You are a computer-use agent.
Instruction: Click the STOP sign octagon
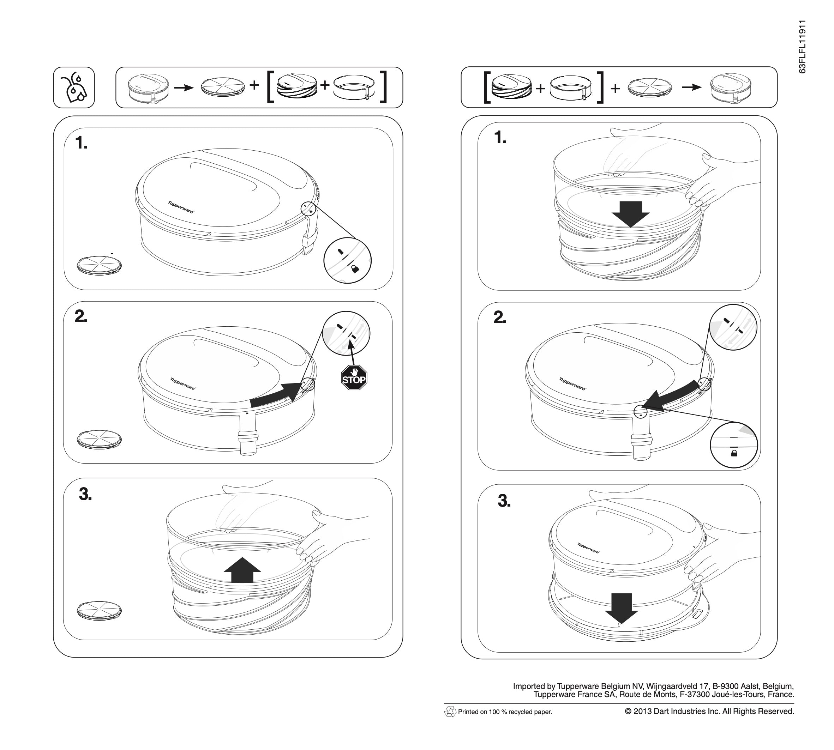[354, 378]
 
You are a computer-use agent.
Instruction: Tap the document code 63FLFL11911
[802, 47]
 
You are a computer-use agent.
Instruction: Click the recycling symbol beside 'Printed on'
[450, 711]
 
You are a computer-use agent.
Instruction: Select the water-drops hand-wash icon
[74, 88]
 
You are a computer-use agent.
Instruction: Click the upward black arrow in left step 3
[242, 570]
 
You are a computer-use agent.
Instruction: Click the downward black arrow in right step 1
[630, 214]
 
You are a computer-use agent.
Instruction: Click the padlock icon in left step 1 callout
[355, 269]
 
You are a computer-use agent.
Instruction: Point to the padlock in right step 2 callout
[734, 453]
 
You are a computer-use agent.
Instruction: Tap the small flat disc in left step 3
[100, 610]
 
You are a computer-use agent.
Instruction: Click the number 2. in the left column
[81, 316]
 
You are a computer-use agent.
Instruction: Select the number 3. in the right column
[504, 501]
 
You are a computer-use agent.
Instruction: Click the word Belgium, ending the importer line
[778, 686]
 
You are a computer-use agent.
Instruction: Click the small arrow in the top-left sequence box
[184, 87]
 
